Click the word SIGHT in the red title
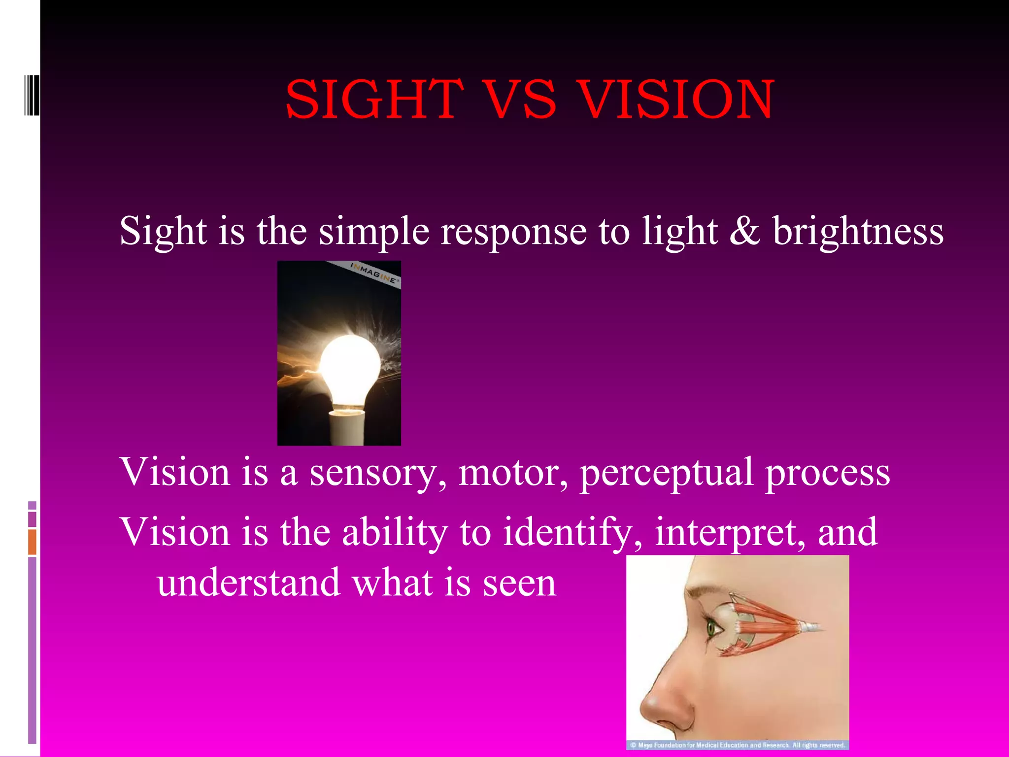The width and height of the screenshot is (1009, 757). coord(374,100)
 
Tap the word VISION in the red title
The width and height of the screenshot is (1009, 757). coord(676,100)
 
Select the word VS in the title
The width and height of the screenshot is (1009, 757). coord(521,100)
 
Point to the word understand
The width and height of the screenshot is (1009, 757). coord(249,583)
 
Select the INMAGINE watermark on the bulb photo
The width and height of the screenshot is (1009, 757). coord(374,273)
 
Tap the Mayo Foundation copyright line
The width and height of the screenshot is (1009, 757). coord(738,745)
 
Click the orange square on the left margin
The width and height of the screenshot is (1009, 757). coord(32,542)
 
